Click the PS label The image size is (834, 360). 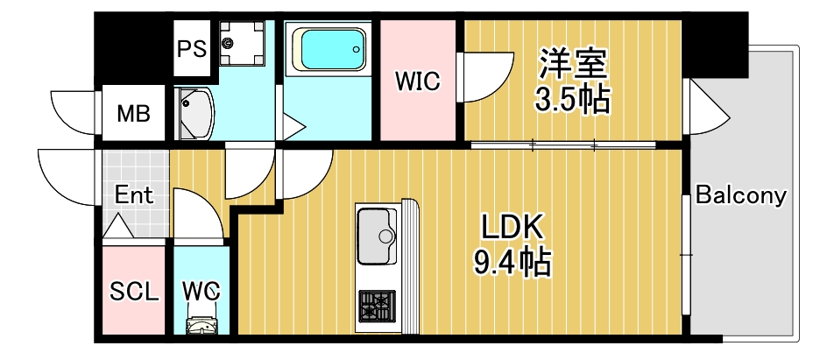click(193, 48)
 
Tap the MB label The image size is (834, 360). click(134, 114)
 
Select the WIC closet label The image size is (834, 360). click(417, 81)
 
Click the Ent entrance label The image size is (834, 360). click(135, 194)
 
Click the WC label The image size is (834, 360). click(201, 291)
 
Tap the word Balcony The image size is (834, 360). click(740, 195)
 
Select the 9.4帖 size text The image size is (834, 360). click(512, 260)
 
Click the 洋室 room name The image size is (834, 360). click(574, 65)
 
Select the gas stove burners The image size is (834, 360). click(376, 307)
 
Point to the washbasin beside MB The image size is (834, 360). click(194, 112)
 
